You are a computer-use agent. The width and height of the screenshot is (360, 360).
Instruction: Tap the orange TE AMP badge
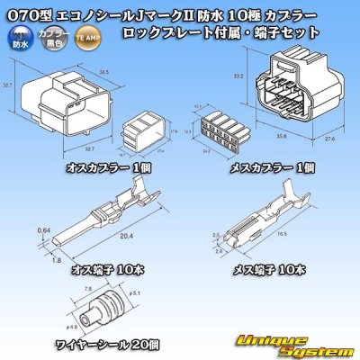click(x=85, y=40)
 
